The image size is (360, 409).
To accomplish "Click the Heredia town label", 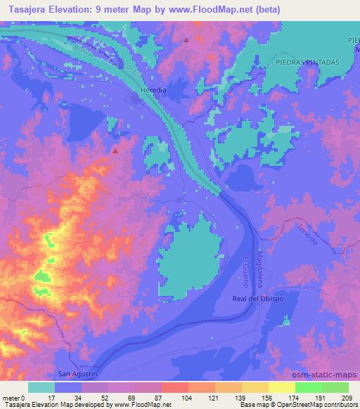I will [x=153, y=91].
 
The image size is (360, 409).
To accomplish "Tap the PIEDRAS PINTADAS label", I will [x=308, y=62].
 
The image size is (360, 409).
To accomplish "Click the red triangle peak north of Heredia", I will [x=186, y=40].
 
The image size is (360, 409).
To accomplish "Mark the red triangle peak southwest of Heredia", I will [x=115, y=150].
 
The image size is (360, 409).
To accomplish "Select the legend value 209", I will [x=349, y=398].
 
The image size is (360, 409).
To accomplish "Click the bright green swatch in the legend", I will [x=309, y=387].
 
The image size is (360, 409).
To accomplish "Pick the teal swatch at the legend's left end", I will [x=41, y=387].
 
